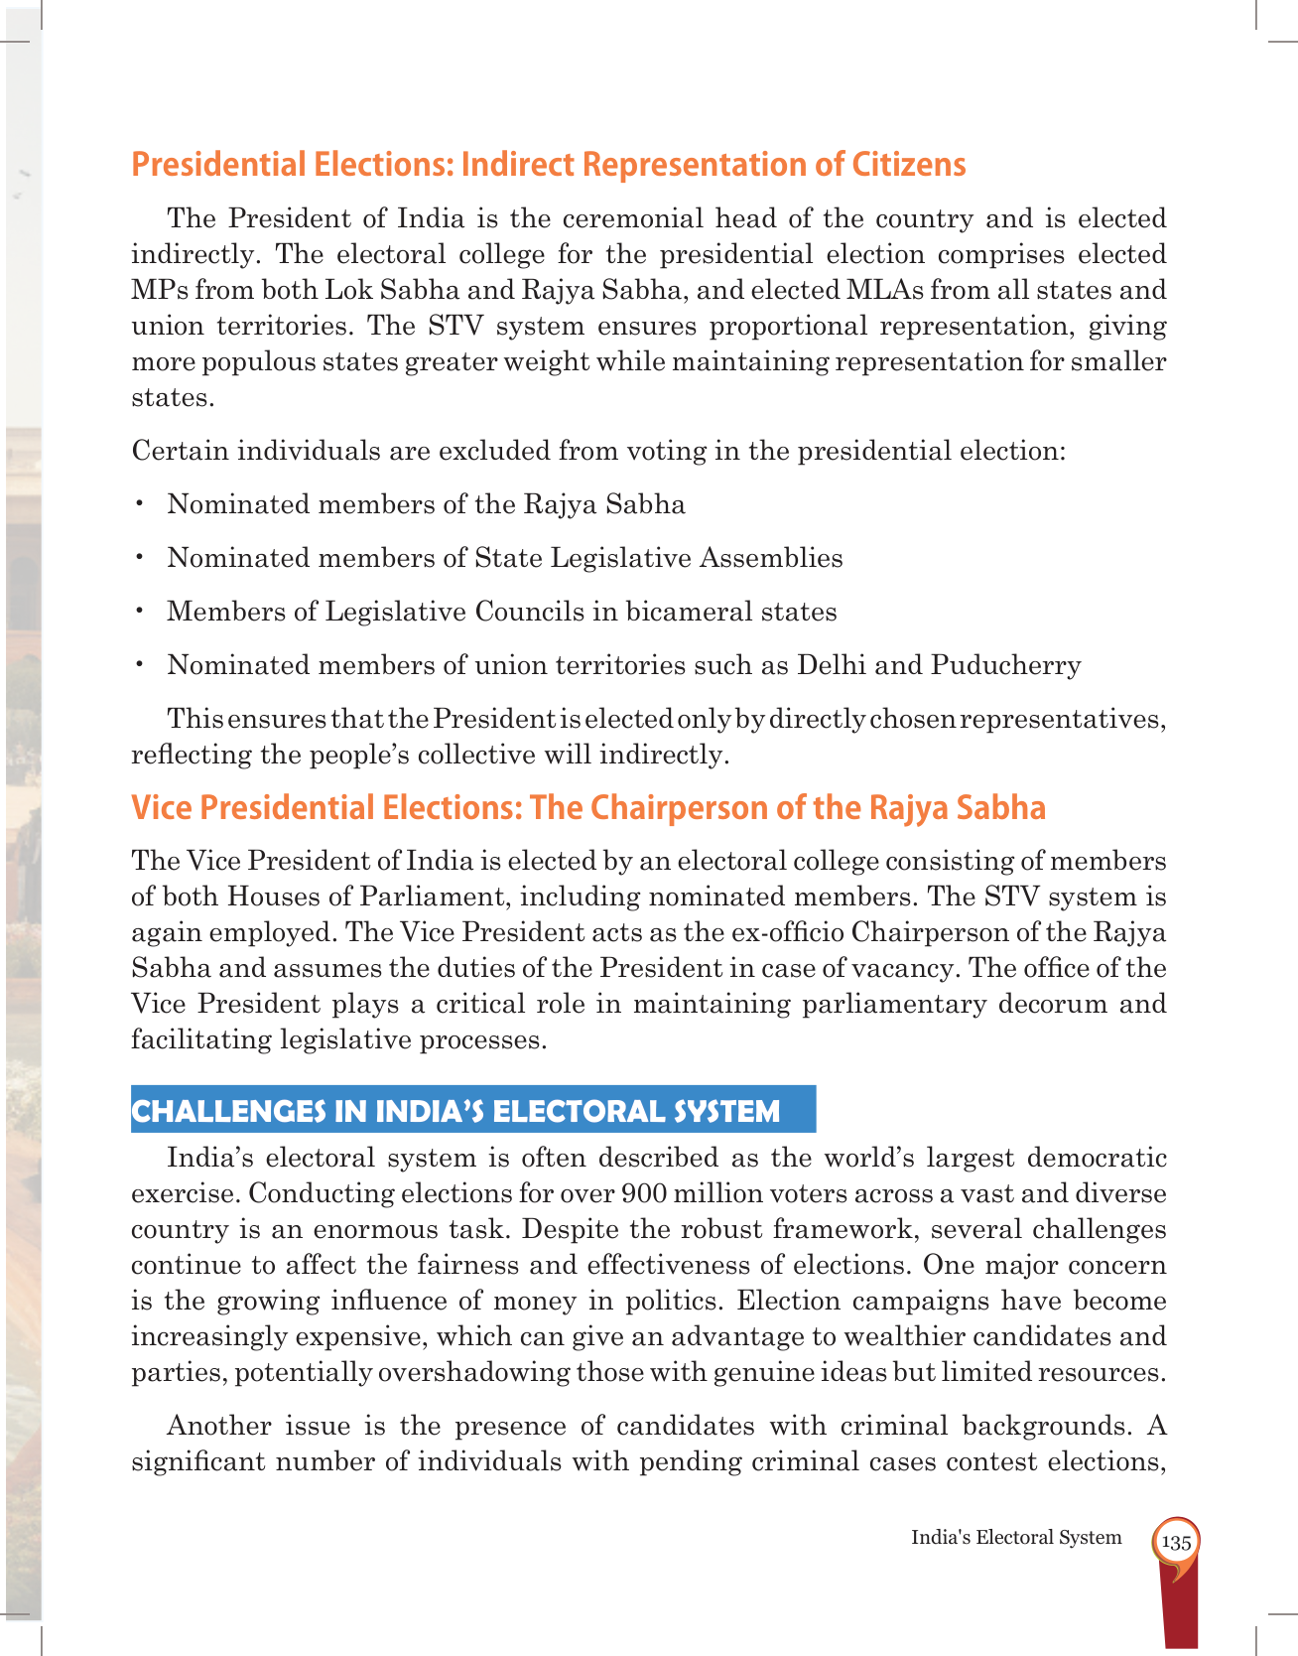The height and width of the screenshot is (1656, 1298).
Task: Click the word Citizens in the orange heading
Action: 908,165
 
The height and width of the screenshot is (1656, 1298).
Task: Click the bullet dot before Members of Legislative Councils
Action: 141,611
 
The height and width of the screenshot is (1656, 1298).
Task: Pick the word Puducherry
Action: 1005,665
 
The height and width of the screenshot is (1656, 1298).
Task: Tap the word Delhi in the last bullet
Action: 831,665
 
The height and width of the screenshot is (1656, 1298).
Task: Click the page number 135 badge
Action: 1176,1543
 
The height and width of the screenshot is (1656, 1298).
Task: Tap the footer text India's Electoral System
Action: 1016,1538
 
